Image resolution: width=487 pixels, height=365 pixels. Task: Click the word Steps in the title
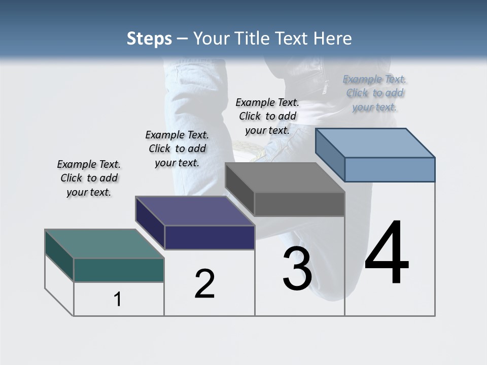(149, 39)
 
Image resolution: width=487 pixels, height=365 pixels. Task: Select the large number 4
(387, 253)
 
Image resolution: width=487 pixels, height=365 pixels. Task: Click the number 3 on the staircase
(297, 269)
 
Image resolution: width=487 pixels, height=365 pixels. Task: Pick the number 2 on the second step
(204, 284)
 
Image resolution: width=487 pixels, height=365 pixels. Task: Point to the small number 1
(118, 300)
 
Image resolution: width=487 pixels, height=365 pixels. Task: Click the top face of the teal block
(105, 244)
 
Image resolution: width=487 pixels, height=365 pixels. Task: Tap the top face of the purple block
(195, 211)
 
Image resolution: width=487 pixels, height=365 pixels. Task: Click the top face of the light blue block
(375, 143)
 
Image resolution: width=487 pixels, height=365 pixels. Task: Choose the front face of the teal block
(119, 270)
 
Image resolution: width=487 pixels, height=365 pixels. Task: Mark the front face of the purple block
(210, 237)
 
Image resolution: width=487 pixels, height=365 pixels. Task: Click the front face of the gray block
(299, 204)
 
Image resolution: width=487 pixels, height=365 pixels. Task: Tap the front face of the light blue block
(390, 169)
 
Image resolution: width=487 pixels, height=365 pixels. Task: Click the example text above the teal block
(89, 178)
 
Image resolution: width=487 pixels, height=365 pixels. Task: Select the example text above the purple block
(177, 149)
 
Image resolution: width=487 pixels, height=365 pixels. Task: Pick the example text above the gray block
(267, 116)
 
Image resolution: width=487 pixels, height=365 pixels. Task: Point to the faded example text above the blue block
(374, 93)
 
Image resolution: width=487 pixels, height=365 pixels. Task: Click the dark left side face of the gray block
(239, 189)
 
